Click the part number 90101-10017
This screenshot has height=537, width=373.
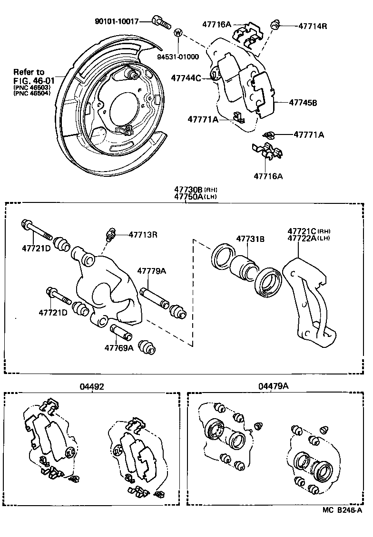(x=117, y=21)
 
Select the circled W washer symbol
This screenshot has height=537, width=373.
(x=178, y=33)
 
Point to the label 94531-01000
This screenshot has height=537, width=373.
(x=178, y=57)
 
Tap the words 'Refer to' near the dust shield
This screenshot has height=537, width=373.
(x=29, y=72)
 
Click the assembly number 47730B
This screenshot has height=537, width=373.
(x=188, y=190)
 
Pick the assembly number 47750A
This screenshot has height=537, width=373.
(x=188, y=197)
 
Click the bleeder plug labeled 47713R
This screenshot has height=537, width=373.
(x=110, y=234)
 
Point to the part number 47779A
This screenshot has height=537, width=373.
(x=152, y=270)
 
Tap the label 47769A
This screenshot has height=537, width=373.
(x=119, y=348)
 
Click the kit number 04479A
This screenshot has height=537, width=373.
(x=273, y=386)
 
